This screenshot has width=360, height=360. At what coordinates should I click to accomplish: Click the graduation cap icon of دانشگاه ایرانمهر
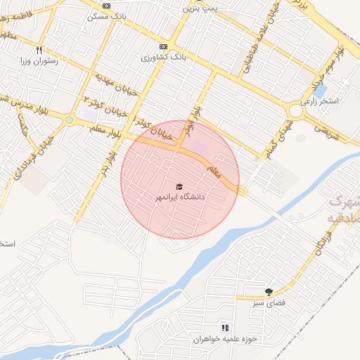pyautogui.click(x=179, y=186)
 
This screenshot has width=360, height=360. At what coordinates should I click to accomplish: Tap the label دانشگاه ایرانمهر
pyautogui.click(x=180, y=198)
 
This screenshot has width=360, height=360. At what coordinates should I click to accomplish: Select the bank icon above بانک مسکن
pyautogui.click(x=106, y=6)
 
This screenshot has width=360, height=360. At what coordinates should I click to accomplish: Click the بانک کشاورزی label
pyautogui.click(x=163, y=57)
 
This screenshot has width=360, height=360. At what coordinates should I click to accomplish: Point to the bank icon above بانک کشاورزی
pyautogui.click(x=164, y=46)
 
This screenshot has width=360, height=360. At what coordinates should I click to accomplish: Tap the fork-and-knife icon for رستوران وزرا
pyautogui.click(x=39, y=50)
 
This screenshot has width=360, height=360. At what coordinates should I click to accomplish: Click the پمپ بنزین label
pyautogui.click(x=200, y=10)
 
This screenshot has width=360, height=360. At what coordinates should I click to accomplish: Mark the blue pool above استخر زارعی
pyautogui.click(x=320, y=91)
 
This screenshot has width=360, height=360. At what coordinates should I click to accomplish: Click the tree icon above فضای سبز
pyautogui.click(x=268, y=292)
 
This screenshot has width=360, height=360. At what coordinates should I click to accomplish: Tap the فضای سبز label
pyautogui.click(x=268, y=303)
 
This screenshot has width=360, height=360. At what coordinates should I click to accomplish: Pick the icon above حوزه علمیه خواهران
pyautogui.click(x=225, y=328)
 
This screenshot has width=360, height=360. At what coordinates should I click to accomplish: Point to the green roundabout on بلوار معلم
pyautogui.click(x=69, y=120)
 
